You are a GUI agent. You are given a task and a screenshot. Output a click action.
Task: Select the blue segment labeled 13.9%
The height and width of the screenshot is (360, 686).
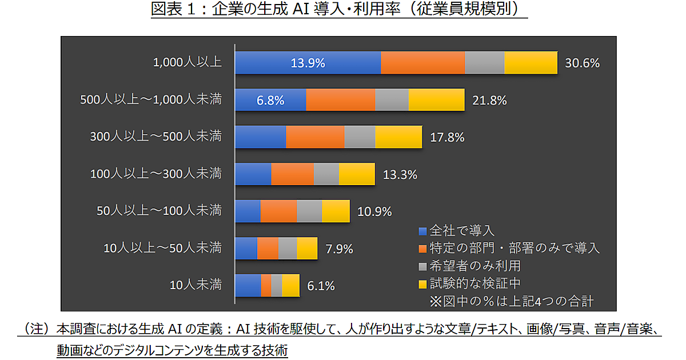[308, 63]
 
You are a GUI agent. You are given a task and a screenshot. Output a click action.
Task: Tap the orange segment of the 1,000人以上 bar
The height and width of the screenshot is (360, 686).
[422, 63]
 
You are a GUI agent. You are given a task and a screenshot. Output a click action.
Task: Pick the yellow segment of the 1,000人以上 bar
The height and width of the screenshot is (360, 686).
[531, 63]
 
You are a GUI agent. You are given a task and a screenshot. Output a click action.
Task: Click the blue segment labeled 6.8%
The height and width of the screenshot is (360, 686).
[270, 100]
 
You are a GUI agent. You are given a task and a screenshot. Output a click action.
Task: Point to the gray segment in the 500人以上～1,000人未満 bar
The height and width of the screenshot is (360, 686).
[392, 100]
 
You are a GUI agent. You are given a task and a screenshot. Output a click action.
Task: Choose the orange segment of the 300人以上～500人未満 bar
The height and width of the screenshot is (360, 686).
[315, 137]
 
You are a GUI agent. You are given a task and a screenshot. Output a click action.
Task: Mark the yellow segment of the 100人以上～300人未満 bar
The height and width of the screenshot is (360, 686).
[357, 174]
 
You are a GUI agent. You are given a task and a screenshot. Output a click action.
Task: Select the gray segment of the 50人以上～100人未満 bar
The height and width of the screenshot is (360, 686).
[309, 211]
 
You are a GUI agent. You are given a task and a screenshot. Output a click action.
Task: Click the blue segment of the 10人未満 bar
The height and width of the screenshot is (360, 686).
[248, 285]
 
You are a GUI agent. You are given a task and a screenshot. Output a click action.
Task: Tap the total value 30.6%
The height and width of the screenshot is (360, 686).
[582, 63]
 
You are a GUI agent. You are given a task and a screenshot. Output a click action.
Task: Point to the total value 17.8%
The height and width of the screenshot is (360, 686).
[447, 138]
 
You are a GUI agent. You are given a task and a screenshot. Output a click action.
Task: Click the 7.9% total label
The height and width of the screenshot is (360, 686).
[339, 249]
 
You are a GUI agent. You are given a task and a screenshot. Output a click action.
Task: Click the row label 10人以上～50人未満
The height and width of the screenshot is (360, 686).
[163, 248]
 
